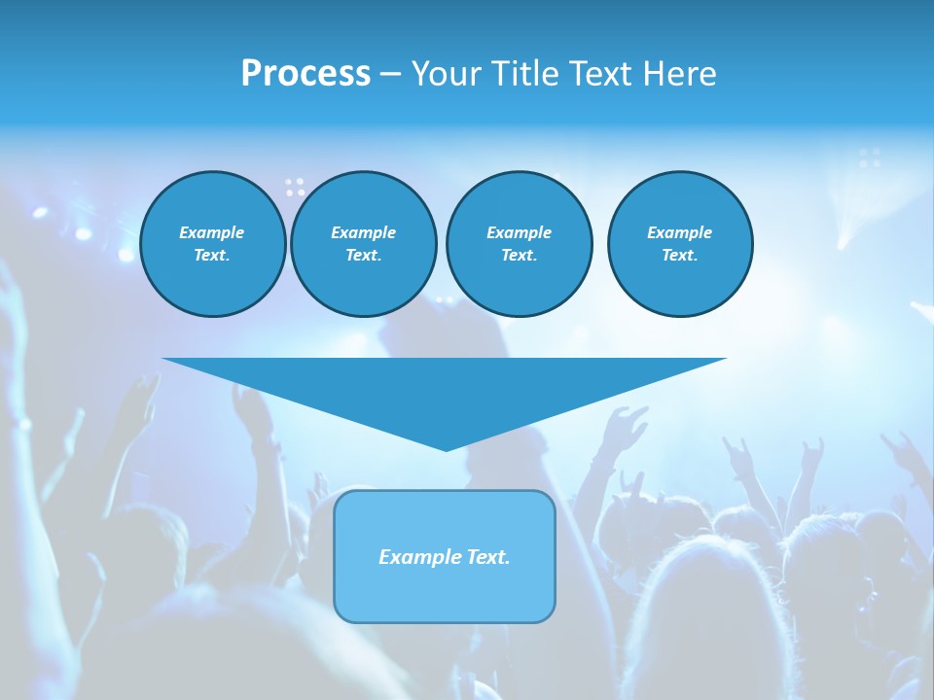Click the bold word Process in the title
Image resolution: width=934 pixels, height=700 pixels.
(x=305, y=74)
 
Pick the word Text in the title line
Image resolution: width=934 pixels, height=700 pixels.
(x=600, y=74)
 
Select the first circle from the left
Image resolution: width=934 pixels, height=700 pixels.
(x=213, y=244)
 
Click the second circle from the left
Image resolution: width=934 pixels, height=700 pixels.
(x=364, y=244)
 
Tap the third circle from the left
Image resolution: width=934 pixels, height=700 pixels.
(x=519, y=244)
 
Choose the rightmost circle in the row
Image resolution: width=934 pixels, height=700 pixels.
(x=680, y=244)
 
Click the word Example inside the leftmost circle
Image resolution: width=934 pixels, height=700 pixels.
(x=212, y=232)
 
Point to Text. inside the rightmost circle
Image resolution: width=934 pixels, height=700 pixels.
(x=680, y=256)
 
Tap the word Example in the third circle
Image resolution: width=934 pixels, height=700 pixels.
(x=519, y=232)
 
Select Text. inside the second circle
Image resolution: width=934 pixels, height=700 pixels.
(x=364, y=256)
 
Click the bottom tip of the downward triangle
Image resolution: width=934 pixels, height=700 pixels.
(x=446, y=448)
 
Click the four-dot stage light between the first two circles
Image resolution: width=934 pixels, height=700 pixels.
(x=295, y=187)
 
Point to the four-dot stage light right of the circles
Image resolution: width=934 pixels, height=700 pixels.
(x=870, y=157)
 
